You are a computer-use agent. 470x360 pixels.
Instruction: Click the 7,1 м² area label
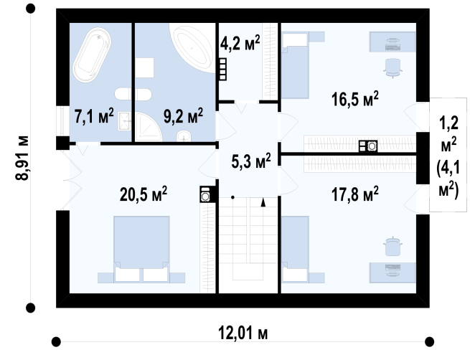94,116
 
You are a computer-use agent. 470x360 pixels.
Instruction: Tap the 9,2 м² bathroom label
183,116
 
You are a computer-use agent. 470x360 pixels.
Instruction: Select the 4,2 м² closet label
240,43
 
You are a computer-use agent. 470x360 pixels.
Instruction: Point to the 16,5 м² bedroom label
355,99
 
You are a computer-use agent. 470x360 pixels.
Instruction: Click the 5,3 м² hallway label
251,161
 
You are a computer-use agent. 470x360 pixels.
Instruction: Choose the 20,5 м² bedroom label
144,194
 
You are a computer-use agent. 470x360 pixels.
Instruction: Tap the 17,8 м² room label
355,194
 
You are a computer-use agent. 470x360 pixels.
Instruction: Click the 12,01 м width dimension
243,333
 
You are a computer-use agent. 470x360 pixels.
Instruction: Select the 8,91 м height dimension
22,158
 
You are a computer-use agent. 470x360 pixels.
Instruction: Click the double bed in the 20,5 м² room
141,249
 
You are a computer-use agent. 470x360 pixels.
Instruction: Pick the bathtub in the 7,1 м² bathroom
92,55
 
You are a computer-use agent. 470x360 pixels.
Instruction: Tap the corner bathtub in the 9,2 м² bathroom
193,48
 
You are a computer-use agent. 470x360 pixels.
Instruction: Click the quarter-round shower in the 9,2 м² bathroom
148,127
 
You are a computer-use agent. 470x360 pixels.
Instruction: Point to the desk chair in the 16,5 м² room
393,68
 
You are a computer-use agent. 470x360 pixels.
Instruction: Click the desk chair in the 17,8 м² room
393,247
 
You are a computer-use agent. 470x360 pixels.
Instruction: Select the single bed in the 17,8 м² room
295,249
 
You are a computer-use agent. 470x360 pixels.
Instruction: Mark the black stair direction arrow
263,202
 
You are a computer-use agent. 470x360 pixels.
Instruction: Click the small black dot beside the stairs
232,197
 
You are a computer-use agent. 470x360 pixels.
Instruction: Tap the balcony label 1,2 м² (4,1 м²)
448,156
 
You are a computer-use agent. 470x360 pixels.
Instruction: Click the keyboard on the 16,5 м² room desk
393,47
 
